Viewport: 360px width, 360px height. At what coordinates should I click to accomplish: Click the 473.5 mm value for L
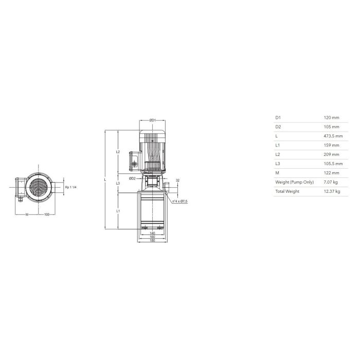click(x=333, y=136)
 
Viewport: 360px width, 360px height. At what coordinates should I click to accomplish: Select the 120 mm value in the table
click(x=331, y=118)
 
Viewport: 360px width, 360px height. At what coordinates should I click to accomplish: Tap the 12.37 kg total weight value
click(x=332, y=191)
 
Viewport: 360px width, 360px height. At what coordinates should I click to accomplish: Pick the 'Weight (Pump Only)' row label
click(x=294, y=182)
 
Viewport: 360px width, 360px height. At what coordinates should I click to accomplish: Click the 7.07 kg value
click(x=331, y=182)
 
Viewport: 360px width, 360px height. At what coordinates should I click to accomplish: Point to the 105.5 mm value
click(x=333, y=164)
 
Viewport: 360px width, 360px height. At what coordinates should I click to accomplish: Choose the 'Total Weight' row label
click(x=287, y=191)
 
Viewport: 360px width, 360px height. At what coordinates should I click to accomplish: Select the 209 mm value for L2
click(x=331, y=154)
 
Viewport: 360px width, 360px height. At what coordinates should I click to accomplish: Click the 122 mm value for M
click(x=331, y=173)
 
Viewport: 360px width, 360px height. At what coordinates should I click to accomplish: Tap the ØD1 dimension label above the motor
click(x=152, y=120)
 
